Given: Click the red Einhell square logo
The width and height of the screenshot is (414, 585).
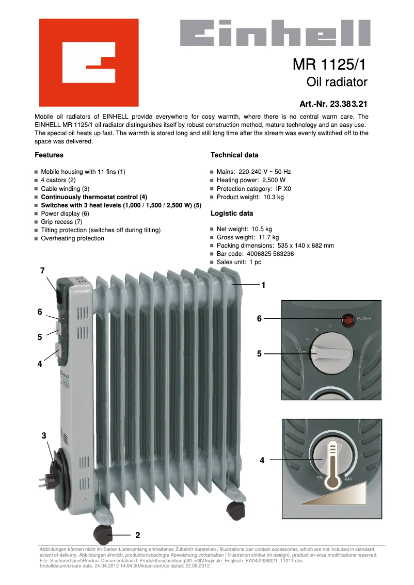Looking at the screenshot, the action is click(89, 62).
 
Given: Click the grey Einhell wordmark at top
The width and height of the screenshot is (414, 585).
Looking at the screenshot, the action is click(275, 33).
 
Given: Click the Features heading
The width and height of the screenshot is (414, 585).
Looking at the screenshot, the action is click(49, 155).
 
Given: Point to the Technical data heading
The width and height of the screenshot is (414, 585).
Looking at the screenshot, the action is click(234, 155).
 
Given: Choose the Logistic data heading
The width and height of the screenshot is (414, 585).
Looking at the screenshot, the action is click(232, 213).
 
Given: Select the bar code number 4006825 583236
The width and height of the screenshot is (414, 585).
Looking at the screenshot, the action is click(270, 254).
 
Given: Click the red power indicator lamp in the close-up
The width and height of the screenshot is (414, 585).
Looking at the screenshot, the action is click(349, 320).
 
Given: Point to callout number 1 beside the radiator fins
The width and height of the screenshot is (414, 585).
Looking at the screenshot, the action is click(263, 285).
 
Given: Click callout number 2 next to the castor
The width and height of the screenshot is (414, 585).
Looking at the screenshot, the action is click(138, 534).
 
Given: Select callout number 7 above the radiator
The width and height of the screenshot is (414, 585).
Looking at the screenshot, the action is click(42, 271).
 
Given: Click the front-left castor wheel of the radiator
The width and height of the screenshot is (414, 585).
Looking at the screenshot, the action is click(103, 534).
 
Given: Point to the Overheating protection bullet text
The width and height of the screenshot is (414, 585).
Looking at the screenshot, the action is click(72, 238).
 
